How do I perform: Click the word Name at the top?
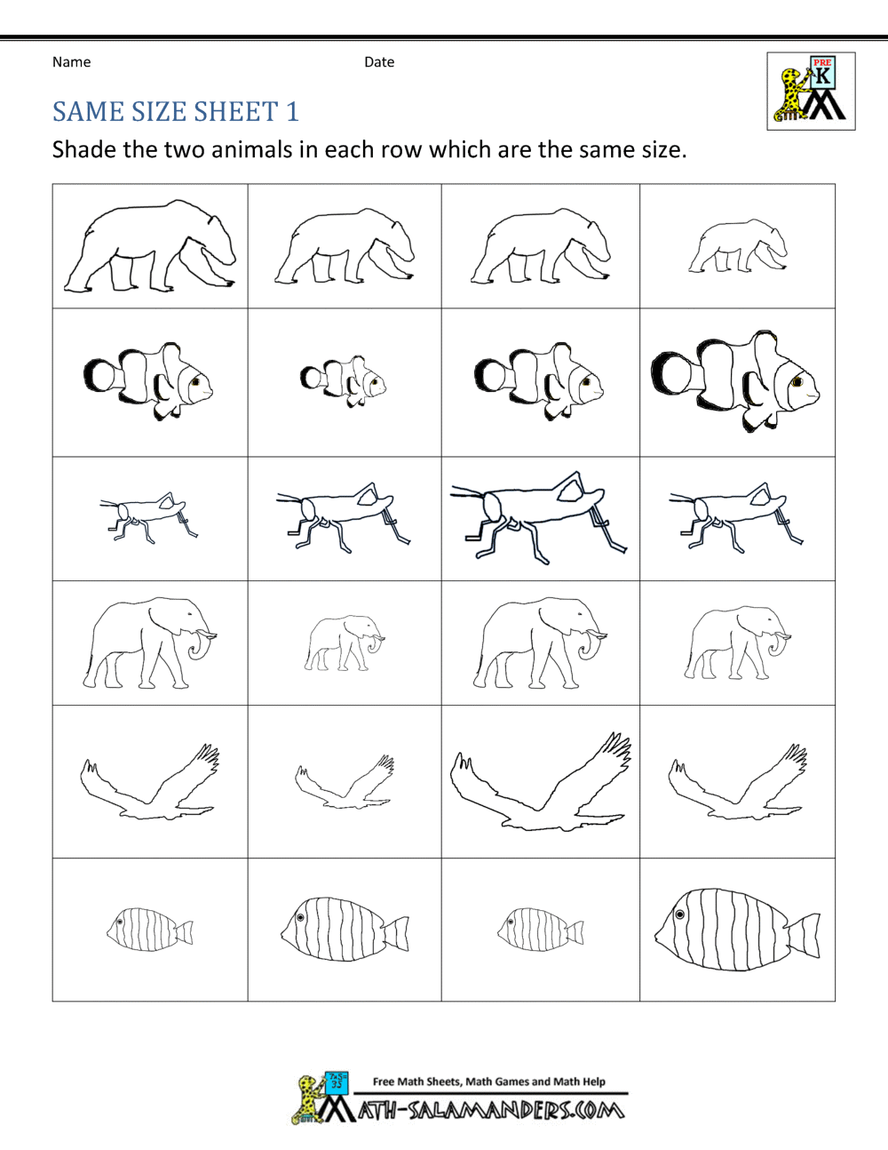tap(71, 62)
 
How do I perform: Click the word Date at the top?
tap(379, 62)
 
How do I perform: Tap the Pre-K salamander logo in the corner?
tap(811, 92)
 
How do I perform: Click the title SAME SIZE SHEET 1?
tap(175, 112)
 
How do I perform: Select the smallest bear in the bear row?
tap(738, 247)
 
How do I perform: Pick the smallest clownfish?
tap(345, 380)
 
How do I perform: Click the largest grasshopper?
tap(538, 518)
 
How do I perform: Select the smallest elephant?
tap(345, 642)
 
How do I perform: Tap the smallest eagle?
tap(345, 782)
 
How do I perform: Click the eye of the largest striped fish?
tap(680, 914)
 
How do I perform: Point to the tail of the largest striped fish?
tap(804, 936)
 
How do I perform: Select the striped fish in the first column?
tap(149, 930)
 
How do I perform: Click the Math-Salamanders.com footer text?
tap(490, 1110)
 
